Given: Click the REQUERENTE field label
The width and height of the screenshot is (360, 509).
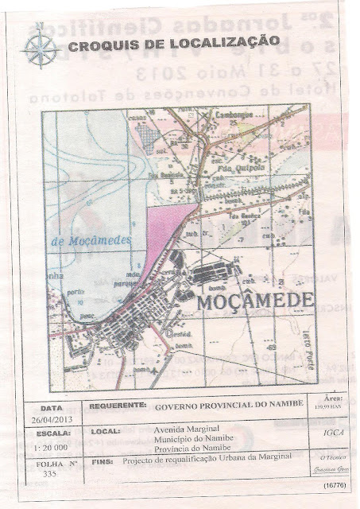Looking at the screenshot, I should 118,406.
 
